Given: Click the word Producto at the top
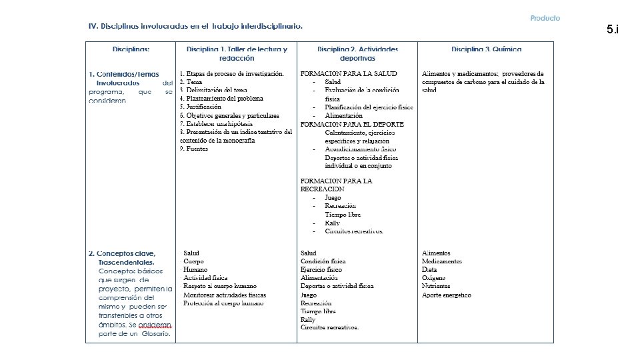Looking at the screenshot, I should [545, 18].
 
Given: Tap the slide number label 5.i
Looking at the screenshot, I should [612, 29].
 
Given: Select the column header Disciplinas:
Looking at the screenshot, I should [131, 49].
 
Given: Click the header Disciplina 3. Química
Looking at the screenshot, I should [486, 49].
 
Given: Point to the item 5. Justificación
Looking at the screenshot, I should [201, 107].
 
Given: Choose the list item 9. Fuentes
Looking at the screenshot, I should [194, 149].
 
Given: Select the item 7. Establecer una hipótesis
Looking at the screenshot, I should [216, 124].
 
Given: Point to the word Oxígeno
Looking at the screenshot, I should [434, 278].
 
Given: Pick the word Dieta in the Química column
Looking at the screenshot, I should [430, 269].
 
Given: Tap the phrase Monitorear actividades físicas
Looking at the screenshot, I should [225, 295].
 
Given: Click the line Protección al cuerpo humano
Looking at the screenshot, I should [223, 303].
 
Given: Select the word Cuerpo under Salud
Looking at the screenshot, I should [193, 261].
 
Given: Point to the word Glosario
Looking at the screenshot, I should [158, 333].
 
